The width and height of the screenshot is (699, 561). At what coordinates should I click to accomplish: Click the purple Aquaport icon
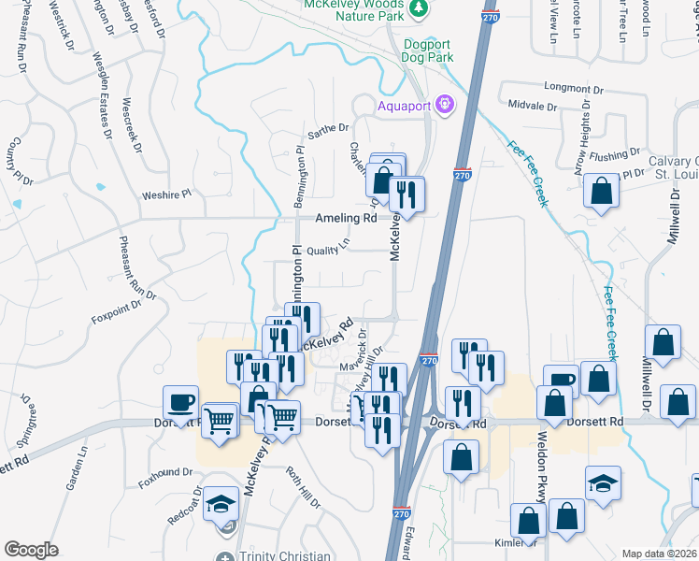[x=446, y=105]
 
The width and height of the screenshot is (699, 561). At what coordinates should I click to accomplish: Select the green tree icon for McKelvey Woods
[x=421, y=7]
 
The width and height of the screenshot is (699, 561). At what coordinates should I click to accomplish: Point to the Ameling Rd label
[x=345, y=218]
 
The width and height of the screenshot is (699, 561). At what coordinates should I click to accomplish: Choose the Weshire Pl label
[x=165, y=194]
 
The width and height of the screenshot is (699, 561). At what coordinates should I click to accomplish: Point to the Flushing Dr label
[x=613, y=152]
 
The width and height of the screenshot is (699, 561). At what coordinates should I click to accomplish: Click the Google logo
[x=31, y=550]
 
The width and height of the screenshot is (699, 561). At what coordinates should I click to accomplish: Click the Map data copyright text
[x=659, y=554]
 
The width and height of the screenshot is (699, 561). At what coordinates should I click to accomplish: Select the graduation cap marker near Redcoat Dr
[x=222, y=506]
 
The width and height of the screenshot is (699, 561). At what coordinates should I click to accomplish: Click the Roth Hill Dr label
[x=303, y=487]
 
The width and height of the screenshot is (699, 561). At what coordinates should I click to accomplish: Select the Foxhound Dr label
[x=164, y=472]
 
